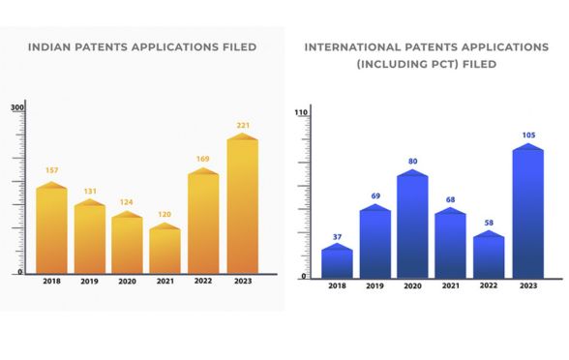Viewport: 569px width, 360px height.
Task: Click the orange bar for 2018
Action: click(x=51, y=229)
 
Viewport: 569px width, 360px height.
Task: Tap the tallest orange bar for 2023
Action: click(x=242, y=205)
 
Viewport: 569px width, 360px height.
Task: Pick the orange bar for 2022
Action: click(x=203, y=223)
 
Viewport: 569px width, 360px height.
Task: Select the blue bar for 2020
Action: click(x=412, y=225)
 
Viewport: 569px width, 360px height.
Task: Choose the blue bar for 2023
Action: click(x=527, y=212)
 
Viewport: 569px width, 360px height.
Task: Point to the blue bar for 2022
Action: click(x=489, y=255)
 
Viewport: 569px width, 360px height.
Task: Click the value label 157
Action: click(x=51, y=170)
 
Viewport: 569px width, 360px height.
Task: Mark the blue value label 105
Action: click(x=527, y=135)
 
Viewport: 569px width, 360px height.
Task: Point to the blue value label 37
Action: click(x=337, y=236)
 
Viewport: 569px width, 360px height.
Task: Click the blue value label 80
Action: click(x=412, y=162)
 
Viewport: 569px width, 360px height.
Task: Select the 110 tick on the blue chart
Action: click(x=300, y=113)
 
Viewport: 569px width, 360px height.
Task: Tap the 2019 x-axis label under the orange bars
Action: click(x=89, y=282)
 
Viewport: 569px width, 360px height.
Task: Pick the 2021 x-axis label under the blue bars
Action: click(x=450, y=285)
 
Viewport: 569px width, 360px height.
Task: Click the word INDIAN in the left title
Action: click(x=51, y=45)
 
